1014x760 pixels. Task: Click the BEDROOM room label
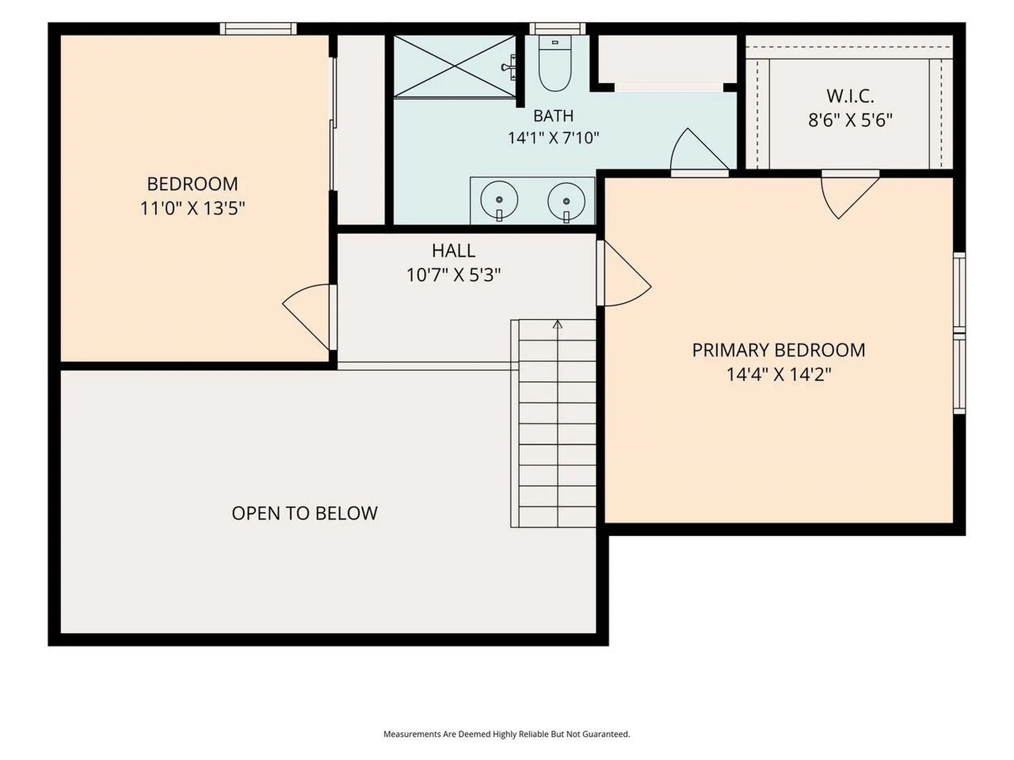(x=192, y=184)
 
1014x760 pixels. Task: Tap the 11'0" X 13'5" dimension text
(x=192, y=208)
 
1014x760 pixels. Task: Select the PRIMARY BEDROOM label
(x=778, y=350)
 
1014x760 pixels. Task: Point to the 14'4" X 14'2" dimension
(x=778, y=374)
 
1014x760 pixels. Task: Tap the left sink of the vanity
(x=499, y=200)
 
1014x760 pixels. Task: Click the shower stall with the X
(x=455, y=66)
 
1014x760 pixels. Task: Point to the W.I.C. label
(x=850, y=96)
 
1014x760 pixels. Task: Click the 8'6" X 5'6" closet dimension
(x=850, y=120)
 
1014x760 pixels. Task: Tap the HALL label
(x=453, y=250)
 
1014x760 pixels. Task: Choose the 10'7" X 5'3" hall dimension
(x=453, y=274)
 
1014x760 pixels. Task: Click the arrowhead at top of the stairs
(x=558, y=324)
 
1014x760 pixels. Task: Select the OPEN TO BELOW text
(x=305, y=513)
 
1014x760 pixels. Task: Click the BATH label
(x=553, y=116)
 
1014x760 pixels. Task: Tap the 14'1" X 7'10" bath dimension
(x=553, y=138)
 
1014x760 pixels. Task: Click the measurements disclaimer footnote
(x=506, y=734)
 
